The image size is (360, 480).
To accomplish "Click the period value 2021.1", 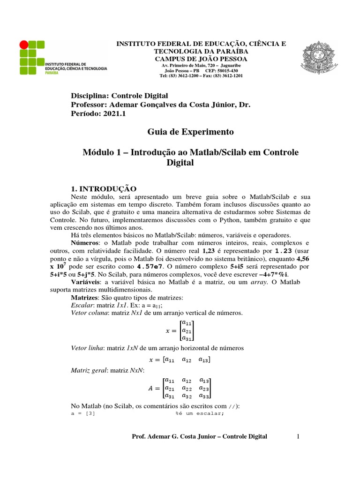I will (x=113, y=113).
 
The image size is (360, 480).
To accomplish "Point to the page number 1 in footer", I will (x=297, y=436).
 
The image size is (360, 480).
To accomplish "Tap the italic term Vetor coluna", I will (x=88, y=313).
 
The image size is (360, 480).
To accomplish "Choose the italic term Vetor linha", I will (x=87, y=348).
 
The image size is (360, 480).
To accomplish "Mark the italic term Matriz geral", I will (x=87, y=370).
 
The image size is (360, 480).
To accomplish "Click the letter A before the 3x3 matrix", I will (x=150, y=389).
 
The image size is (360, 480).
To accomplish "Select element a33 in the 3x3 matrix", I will (x=204, y=397).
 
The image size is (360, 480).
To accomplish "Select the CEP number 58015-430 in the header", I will (x=231, y=70).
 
